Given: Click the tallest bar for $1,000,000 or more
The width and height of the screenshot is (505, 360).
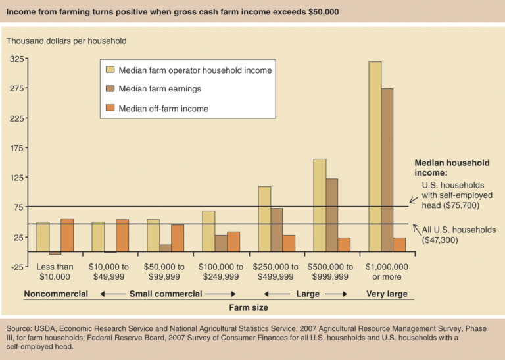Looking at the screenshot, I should (x=375, y=157).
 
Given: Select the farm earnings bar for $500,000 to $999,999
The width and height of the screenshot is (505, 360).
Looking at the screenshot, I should (x=331, y=215).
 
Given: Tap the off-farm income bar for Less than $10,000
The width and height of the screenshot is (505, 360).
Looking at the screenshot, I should (x=67, y=235).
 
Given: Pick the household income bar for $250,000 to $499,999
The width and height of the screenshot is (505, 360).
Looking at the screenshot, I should (x=264, y=219).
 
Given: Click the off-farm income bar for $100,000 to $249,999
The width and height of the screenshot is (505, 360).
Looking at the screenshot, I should (x=233, y=242).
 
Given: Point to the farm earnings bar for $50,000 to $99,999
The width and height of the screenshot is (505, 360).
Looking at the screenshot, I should (x=165, y=248).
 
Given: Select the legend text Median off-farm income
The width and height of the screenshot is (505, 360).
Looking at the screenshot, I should (x=163, y=109).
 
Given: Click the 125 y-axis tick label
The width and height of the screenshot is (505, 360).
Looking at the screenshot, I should (x=17, y=178).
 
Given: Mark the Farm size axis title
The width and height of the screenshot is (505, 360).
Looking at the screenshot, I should (x=249, y=307).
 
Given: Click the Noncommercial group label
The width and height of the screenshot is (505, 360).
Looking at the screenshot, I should (x=56, y=294).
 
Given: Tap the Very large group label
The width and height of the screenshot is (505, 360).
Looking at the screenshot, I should (x=387, y=294).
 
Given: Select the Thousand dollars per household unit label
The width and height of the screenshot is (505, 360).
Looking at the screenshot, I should (x=66, y=41).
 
